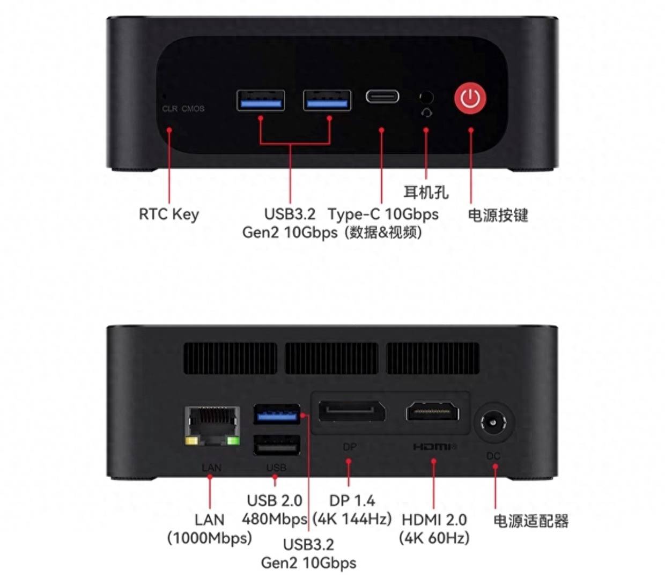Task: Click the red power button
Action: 470,98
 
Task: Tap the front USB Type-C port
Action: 382,97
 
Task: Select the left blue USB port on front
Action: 261,100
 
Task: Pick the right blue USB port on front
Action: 327,100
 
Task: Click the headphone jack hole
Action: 426,97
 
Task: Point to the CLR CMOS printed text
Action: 183,108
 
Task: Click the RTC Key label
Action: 169,214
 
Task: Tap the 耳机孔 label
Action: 426,191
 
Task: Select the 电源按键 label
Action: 498,215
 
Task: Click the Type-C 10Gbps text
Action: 383,214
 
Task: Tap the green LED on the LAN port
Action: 233,441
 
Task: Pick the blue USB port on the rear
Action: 277,414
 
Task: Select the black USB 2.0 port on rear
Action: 277,445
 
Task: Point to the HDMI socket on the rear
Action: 433,412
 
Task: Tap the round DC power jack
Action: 493,423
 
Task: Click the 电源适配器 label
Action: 531,521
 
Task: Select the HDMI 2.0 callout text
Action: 434,520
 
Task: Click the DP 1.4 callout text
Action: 352,500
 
